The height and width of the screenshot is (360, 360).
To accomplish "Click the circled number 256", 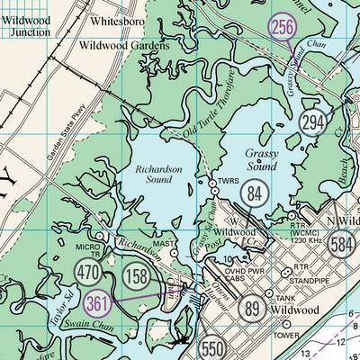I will [283, 28].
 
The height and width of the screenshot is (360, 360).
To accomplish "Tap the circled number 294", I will [313, 123].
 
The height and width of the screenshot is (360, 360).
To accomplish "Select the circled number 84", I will [256, 192].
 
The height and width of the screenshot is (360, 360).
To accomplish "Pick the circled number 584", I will [341, 242].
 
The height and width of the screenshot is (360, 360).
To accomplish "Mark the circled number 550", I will [212, 348].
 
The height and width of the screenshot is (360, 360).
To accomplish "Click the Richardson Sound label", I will [158, 173].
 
